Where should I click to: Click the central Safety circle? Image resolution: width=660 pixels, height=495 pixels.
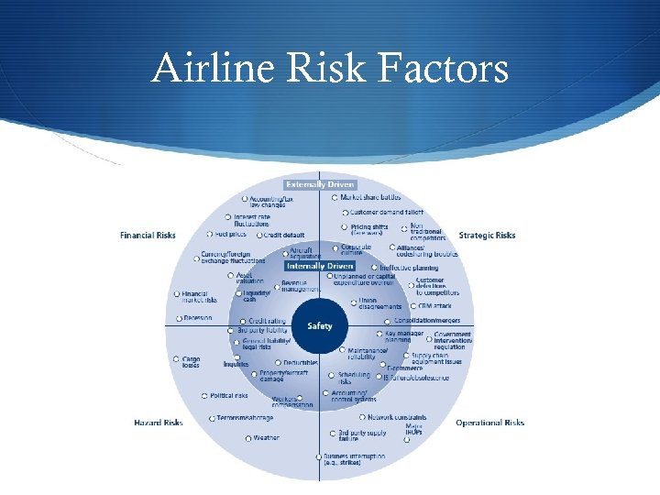[x=320, y=326]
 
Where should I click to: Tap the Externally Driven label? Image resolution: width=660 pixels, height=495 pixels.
[x=320, y=184]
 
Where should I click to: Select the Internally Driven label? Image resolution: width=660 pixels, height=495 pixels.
[x=320, y=266]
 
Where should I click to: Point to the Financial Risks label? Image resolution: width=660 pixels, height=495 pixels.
[x=148, y=236]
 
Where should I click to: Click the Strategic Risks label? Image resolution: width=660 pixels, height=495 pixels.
[x=487, y=236]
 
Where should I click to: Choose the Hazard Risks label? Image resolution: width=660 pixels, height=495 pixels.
[x=159, y=423]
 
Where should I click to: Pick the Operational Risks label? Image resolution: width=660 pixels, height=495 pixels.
[x=489, y=423]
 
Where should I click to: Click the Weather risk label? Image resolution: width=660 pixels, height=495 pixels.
[x=266, y=438]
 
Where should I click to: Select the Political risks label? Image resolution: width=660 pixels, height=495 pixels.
[x=229, y=396]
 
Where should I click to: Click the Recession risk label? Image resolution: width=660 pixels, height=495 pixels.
[x=198, y=318]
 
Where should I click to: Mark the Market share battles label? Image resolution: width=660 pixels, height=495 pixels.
[x=370, y=197]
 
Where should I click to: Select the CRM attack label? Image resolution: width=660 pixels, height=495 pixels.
[x=434, y=305]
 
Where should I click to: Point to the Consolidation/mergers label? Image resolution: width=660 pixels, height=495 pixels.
[x=427, y=321]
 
